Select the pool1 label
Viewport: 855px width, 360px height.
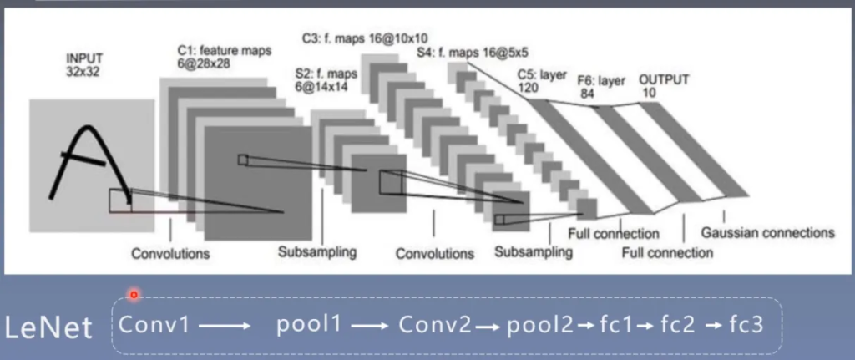coord(309,325)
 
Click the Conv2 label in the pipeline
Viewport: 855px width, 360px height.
coord(434,325)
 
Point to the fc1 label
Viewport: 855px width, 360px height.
coord(617,325)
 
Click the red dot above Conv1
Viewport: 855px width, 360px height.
coord(133,294)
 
